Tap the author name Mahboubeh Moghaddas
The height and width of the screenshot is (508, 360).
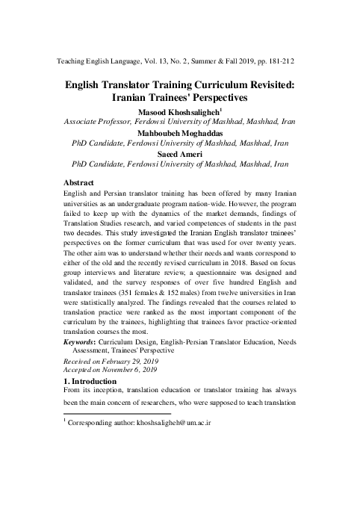(180, 133)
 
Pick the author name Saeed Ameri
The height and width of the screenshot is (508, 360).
(180, 154)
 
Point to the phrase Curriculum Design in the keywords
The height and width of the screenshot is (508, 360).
(138, 341)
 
